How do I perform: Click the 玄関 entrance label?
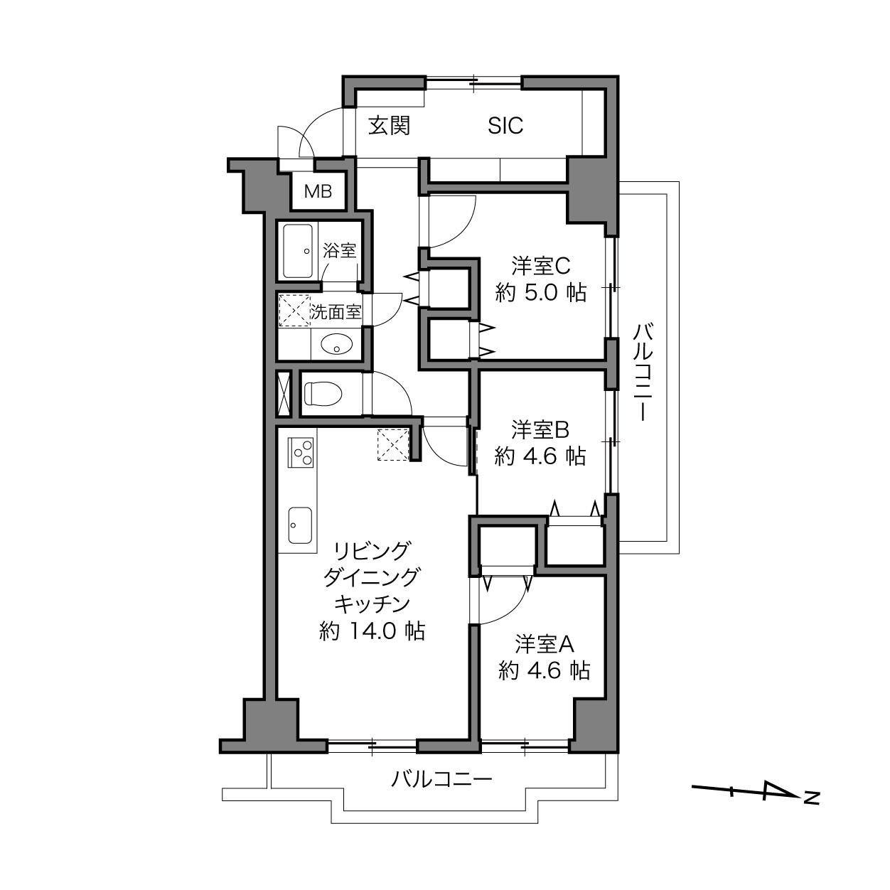point(389,126)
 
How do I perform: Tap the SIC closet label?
point(505,126)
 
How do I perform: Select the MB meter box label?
point(318,191)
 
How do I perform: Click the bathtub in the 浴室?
point(299,251)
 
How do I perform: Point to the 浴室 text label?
point(340,251)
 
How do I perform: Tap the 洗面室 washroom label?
point(336,312)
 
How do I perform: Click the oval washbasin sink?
point(337,345)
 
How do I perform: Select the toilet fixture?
point(323,394)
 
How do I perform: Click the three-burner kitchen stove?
point(301,451)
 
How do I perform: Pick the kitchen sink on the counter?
point(300,525)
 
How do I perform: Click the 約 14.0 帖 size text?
point(372,631)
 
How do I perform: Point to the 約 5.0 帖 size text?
point(541,292)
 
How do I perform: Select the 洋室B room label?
point(540,430)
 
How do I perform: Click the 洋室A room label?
point(545,644)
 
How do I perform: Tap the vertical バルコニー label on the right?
point(643,372)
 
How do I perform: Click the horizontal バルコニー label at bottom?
point(441,780)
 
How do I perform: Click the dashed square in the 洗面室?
point(295,311)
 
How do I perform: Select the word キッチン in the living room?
point(372,604)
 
